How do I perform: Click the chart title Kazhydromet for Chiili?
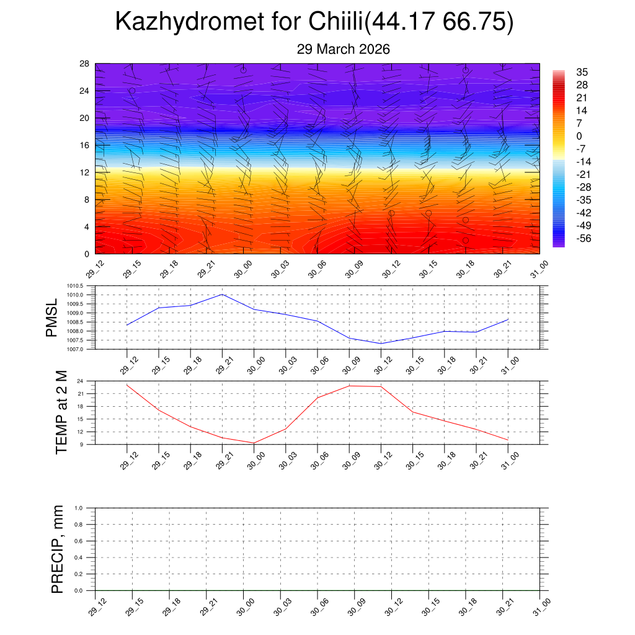314,22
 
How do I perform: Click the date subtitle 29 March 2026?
343,50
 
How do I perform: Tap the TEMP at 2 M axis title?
61,412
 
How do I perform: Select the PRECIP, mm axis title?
58,549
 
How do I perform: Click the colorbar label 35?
582,72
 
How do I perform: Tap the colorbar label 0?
579,136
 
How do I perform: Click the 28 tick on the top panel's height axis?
84,64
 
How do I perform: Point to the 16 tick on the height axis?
84,145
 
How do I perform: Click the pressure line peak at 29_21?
222,294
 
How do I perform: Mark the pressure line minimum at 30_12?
381,344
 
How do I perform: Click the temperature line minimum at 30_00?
254,443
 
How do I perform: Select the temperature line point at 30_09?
349,386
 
